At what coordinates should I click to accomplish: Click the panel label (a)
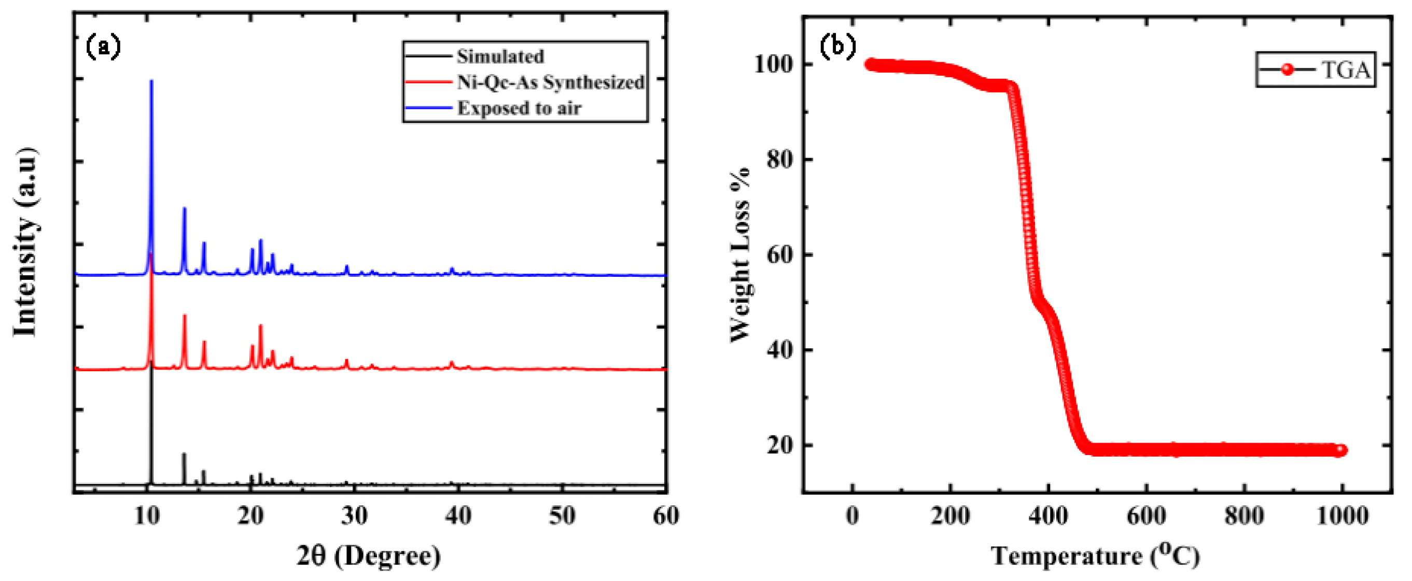point(103,48)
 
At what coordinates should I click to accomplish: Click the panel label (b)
point(837,47)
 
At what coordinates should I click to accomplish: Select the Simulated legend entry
point(500,56)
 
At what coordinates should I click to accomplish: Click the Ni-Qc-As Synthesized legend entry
point(550,82)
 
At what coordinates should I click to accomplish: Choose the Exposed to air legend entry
point(519,108)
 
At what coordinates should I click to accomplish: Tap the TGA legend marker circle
point(1288,69)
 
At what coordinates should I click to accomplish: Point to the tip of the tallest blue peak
point(151,81)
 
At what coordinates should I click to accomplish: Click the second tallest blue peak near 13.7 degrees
point(184,209)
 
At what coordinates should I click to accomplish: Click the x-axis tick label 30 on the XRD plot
point(354,516)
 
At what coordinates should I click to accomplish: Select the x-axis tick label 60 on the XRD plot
point(666,516)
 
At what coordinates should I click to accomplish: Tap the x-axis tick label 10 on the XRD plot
point(146,516)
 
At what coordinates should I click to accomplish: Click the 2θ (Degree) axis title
point(368,556)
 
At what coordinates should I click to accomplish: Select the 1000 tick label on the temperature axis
point(1342,516)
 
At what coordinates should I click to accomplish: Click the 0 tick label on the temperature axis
point(852,516)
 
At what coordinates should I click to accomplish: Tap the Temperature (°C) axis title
point(1095,556)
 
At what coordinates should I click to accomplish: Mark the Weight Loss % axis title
point(740,255)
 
